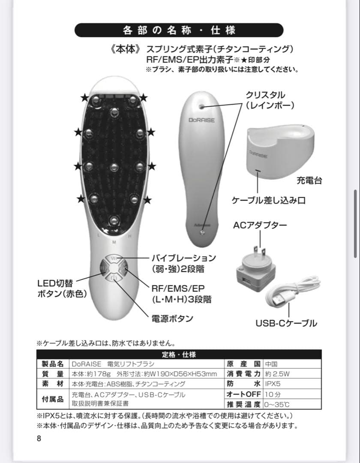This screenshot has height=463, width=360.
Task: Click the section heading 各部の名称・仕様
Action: click(x=179, y=30)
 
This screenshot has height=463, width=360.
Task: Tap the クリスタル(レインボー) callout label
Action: click(x=265, y=100)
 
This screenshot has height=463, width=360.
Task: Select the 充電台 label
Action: click(x=309, y=180)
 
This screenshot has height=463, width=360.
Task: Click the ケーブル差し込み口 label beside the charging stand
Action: click(x=269, y=200)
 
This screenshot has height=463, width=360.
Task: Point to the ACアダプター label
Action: click(x=260, y=225)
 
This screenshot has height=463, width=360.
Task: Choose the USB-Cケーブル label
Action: click(x=286, y=323)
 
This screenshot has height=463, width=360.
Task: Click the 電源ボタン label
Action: click(x=172, y=319)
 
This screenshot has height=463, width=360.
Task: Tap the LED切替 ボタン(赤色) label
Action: click(x=62, y=289)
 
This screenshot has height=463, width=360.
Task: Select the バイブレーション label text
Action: click(x=183, y=258)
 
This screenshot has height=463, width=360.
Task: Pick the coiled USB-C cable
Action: click(x=292, y=292)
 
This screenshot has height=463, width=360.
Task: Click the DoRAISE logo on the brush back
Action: click(x=201, y=120)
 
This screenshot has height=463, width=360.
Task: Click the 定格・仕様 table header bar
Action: click(x=179, y=355)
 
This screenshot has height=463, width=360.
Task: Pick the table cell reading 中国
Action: click(x=271, y=364)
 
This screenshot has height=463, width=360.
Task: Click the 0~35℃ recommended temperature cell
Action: click(x=277, y=404)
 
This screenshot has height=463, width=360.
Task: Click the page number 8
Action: click(x=39, y=438)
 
